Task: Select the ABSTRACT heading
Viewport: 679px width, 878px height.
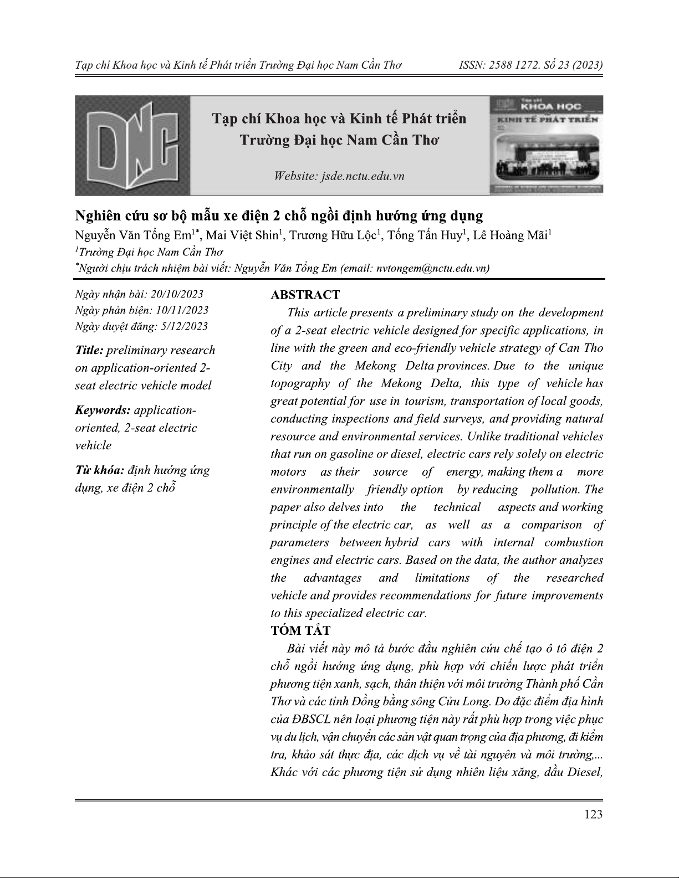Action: (305, 295)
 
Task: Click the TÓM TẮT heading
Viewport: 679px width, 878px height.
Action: (300, 630)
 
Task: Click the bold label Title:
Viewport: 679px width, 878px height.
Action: (89, 351)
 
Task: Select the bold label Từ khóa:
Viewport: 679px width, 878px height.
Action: (99, 471)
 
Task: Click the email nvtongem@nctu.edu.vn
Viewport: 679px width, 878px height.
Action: (432, 268)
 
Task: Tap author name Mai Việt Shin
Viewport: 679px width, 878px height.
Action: (241, 235)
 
